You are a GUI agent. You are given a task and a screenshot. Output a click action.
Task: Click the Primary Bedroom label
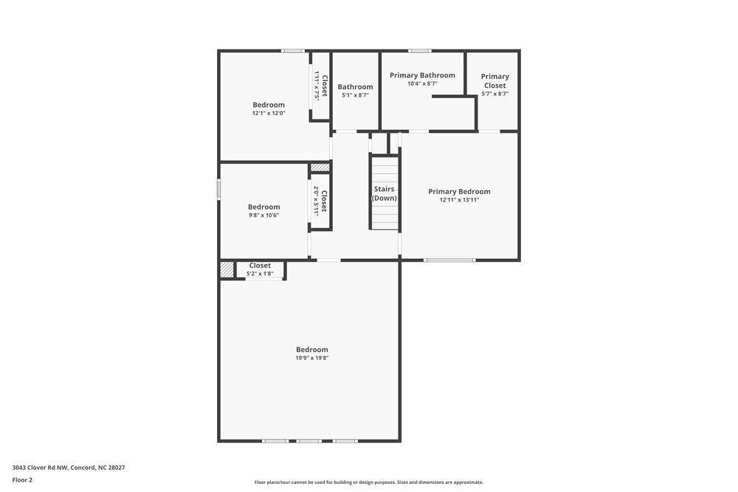pyautogui.click(x=459, y=192)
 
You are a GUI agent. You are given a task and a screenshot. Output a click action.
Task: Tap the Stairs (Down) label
pyautogui.click(x=384, y=194)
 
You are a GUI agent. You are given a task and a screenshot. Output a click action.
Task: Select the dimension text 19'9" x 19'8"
pyautogui.click(x=311, y=358)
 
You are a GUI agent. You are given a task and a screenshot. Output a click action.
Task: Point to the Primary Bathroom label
pyautogui.click(x=422, y=75)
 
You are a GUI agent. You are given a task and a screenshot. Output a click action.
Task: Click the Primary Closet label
pyautogui.click(x=494, y=80)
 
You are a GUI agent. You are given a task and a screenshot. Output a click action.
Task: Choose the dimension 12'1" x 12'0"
pyautogui.click(x=268, y=114)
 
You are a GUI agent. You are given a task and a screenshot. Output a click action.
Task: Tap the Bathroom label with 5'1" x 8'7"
pyautogui.click(x=355, y=87)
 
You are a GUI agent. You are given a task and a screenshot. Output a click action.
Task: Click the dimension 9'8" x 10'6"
pyautogui.click(x=263, y=216)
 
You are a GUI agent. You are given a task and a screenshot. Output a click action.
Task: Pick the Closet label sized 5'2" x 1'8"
pyautogui.click(x=260, y=266)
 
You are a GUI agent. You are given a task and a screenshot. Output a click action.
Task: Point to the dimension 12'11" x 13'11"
pyautogui.click(x=459, y=200)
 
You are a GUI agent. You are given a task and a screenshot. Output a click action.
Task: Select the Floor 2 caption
pyautogui.click(x=22, y=479)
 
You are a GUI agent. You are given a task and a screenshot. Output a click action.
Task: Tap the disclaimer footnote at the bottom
pyautogui.click(x=369, y=482)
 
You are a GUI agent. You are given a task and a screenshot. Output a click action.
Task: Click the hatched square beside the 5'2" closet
pyautogui.click(x=227, y=270)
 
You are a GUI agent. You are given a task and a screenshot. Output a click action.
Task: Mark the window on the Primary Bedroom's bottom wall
pyautogui.click(x=449, y=260)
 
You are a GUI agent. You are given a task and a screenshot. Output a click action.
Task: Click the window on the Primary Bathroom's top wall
pyautogui.click(x=420, y=51)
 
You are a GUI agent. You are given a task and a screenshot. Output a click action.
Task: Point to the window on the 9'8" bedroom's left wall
pyautogui.click(x=219, y=190)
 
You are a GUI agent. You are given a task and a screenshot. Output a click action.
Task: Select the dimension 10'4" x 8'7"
pyautogui.click(x=422, y=84)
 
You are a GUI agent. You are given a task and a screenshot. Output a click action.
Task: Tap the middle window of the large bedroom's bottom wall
pyautogui.click(x=309, y=441)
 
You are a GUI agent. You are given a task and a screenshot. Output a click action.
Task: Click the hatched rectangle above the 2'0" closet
pyautogui.click(x=320, y=168)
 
